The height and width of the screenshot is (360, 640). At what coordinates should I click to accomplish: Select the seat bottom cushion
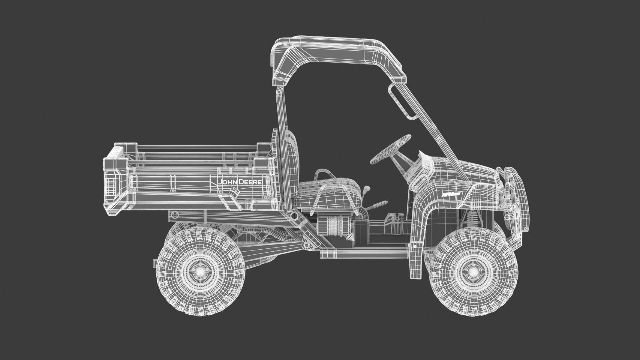(327, 192)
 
